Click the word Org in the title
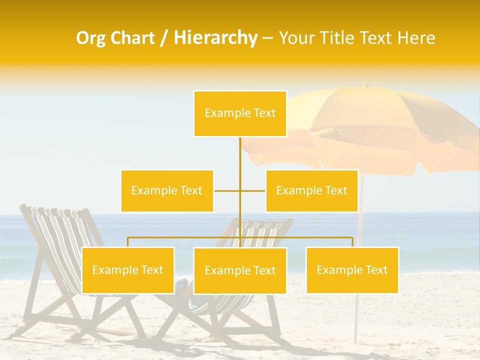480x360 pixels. click(92, 38)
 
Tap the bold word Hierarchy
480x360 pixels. click(215, 38)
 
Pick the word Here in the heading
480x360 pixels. click(416, 38)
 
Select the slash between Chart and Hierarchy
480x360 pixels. click(164, 38)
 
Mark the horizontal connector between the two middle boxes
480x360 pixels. click(227, 190)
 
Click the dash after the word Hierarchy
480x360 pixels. click(267, 38)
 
